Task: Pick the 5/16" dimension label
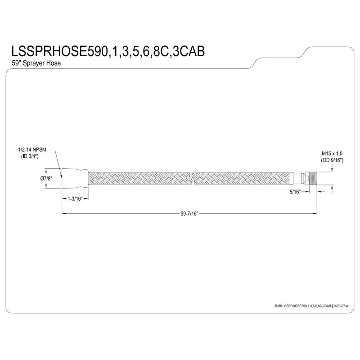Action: coord(296,191)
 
